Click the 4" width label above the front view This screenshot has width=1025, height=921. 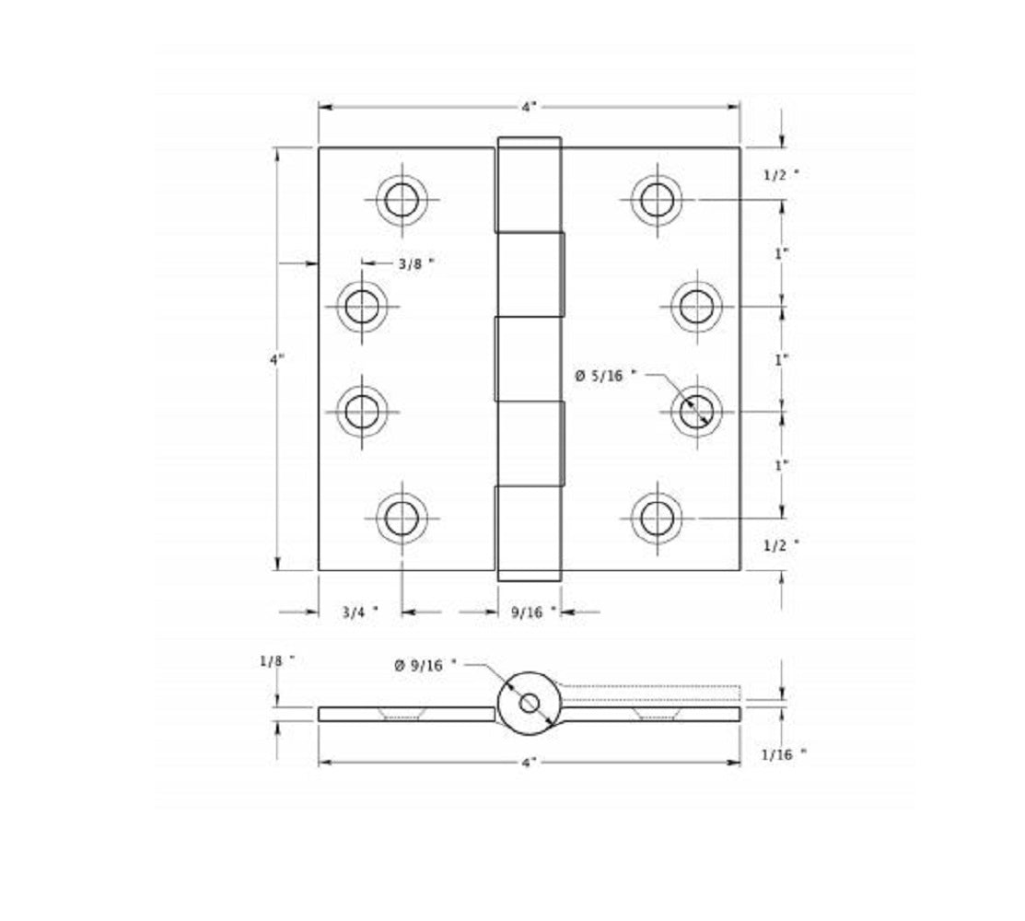tap(529, 107)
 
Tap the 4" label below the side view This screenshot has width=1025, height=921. tap(529, 763)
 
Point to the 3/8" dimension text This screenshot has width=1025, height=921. tap(414, 263)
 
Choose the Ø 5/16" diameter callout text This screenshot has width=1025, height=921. tap(605, 375)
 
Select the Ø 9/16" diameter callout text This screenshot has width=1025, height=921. tap(425, 664)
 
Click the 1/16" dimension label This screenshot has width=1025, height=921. tap(784, 754)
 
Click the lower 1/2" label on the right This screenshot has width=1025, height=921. tap(781, 545)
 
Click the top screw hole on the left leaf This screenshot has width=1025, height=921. tap(402, 198)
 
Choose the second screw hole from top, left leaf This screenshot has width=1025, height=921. tap(362, 304)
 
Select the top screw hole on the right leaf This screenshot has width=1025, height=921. tap(657, 198)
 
